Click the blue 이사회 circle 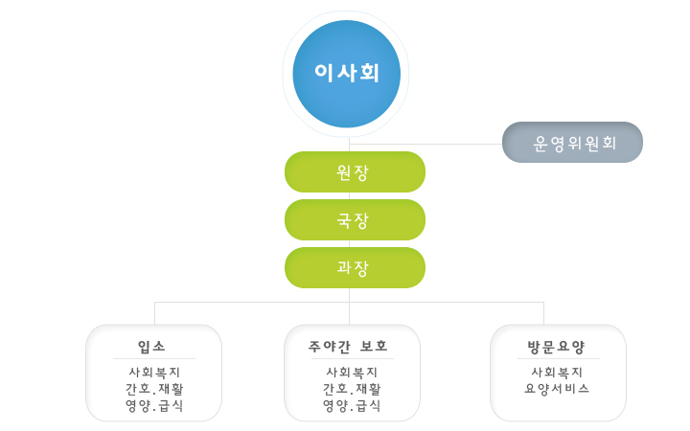[347, 74]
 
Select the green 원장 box [356, 172]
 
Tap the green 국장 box [356, 220]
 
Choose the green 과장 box [356, 268]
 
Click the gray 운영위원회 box [572, 143]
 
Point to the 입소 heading [151, 347]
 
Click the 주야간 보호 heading [348, 347]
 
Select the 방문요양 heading [556, 347]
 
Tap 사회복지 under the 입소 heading [154, 373]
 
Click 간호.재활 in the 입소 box [154, 389]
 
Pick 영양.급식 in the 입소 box [154, 405]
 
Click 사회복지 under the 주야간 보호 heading [352, 373]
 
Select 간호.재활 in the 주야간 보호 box [352, 389]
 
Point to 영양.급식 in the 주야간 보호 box [352, 405]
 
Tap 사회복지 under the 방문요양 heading [557, 373]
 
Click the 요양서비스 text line [557, 389]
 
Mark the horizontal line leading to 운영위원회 [425, 144]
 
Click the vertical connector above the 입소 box [155, 313]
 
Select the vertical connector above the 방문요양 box [544, 313]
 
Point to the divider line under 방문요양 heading [559, 359]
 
